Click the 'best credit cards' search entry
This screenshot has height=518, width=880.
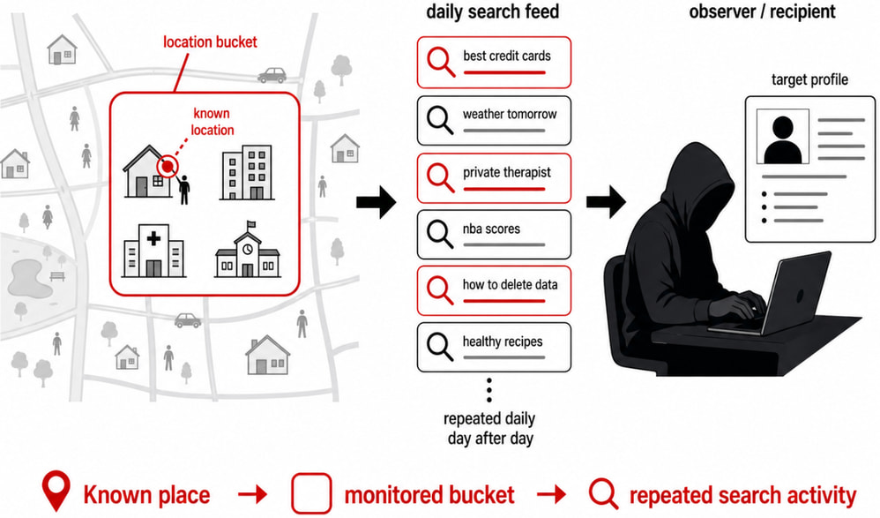pyautogui.click(x=494, y=61)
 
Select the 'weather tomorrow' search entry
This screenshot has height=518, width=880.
pyautogui.click(x=494, y=119)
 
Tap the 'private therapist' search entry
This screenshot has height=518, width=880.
pyautogui.click(x=494, y=176)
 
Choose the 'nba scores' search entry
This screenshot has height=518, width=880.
pyautogui.click(x=494, y=233)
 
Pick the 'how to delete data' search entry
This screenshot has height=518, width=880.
pyautogui.click(x=494, y=290)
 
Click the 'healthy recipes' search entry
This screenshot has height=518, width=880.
pyautogui.click(x=494, y=347)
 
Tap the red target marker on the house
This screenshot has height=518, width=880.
pyautogui.click(x=166, y=165)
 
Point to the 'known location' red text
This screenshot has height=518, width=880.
pyautogui.click(x=213, y=122)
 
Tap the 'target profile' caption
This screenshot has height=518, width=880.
pyautogui.click(x=809, y=80)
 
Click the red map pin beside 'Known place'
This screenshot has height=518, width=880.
pyautogui.click(x=56, y=493)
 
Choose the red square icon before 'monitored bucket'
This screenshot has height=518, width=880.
pyautogui.click(x=310, y=493)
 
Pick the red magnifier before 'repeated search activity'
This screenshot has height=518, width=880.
pyautogui.click(x=605, y=493)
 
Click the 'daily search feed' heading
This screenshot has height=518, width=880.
pyautogui.click(x=492, y=12)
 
